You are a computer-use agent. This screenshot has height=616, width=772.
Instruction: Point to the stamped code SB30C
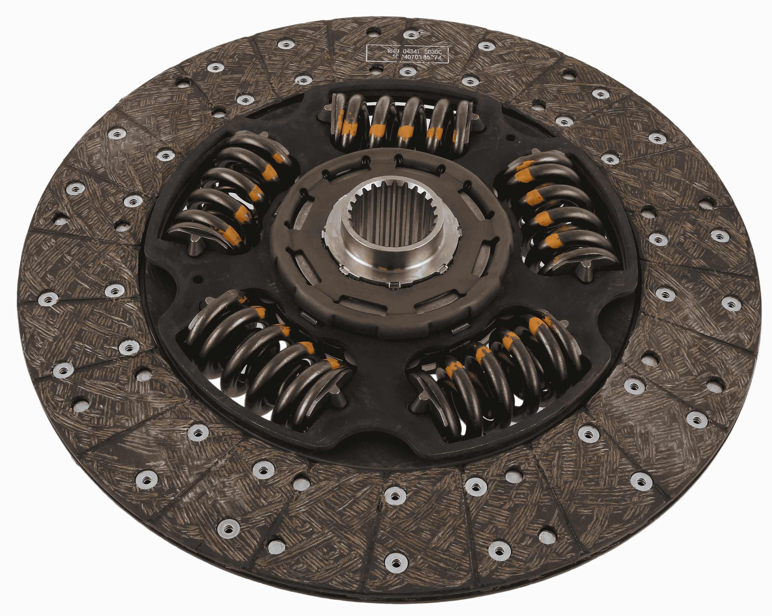[x=438, y=52]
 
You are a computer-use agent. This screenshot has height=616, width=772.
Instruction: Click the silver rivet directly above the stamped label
[x=411, y=34]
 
